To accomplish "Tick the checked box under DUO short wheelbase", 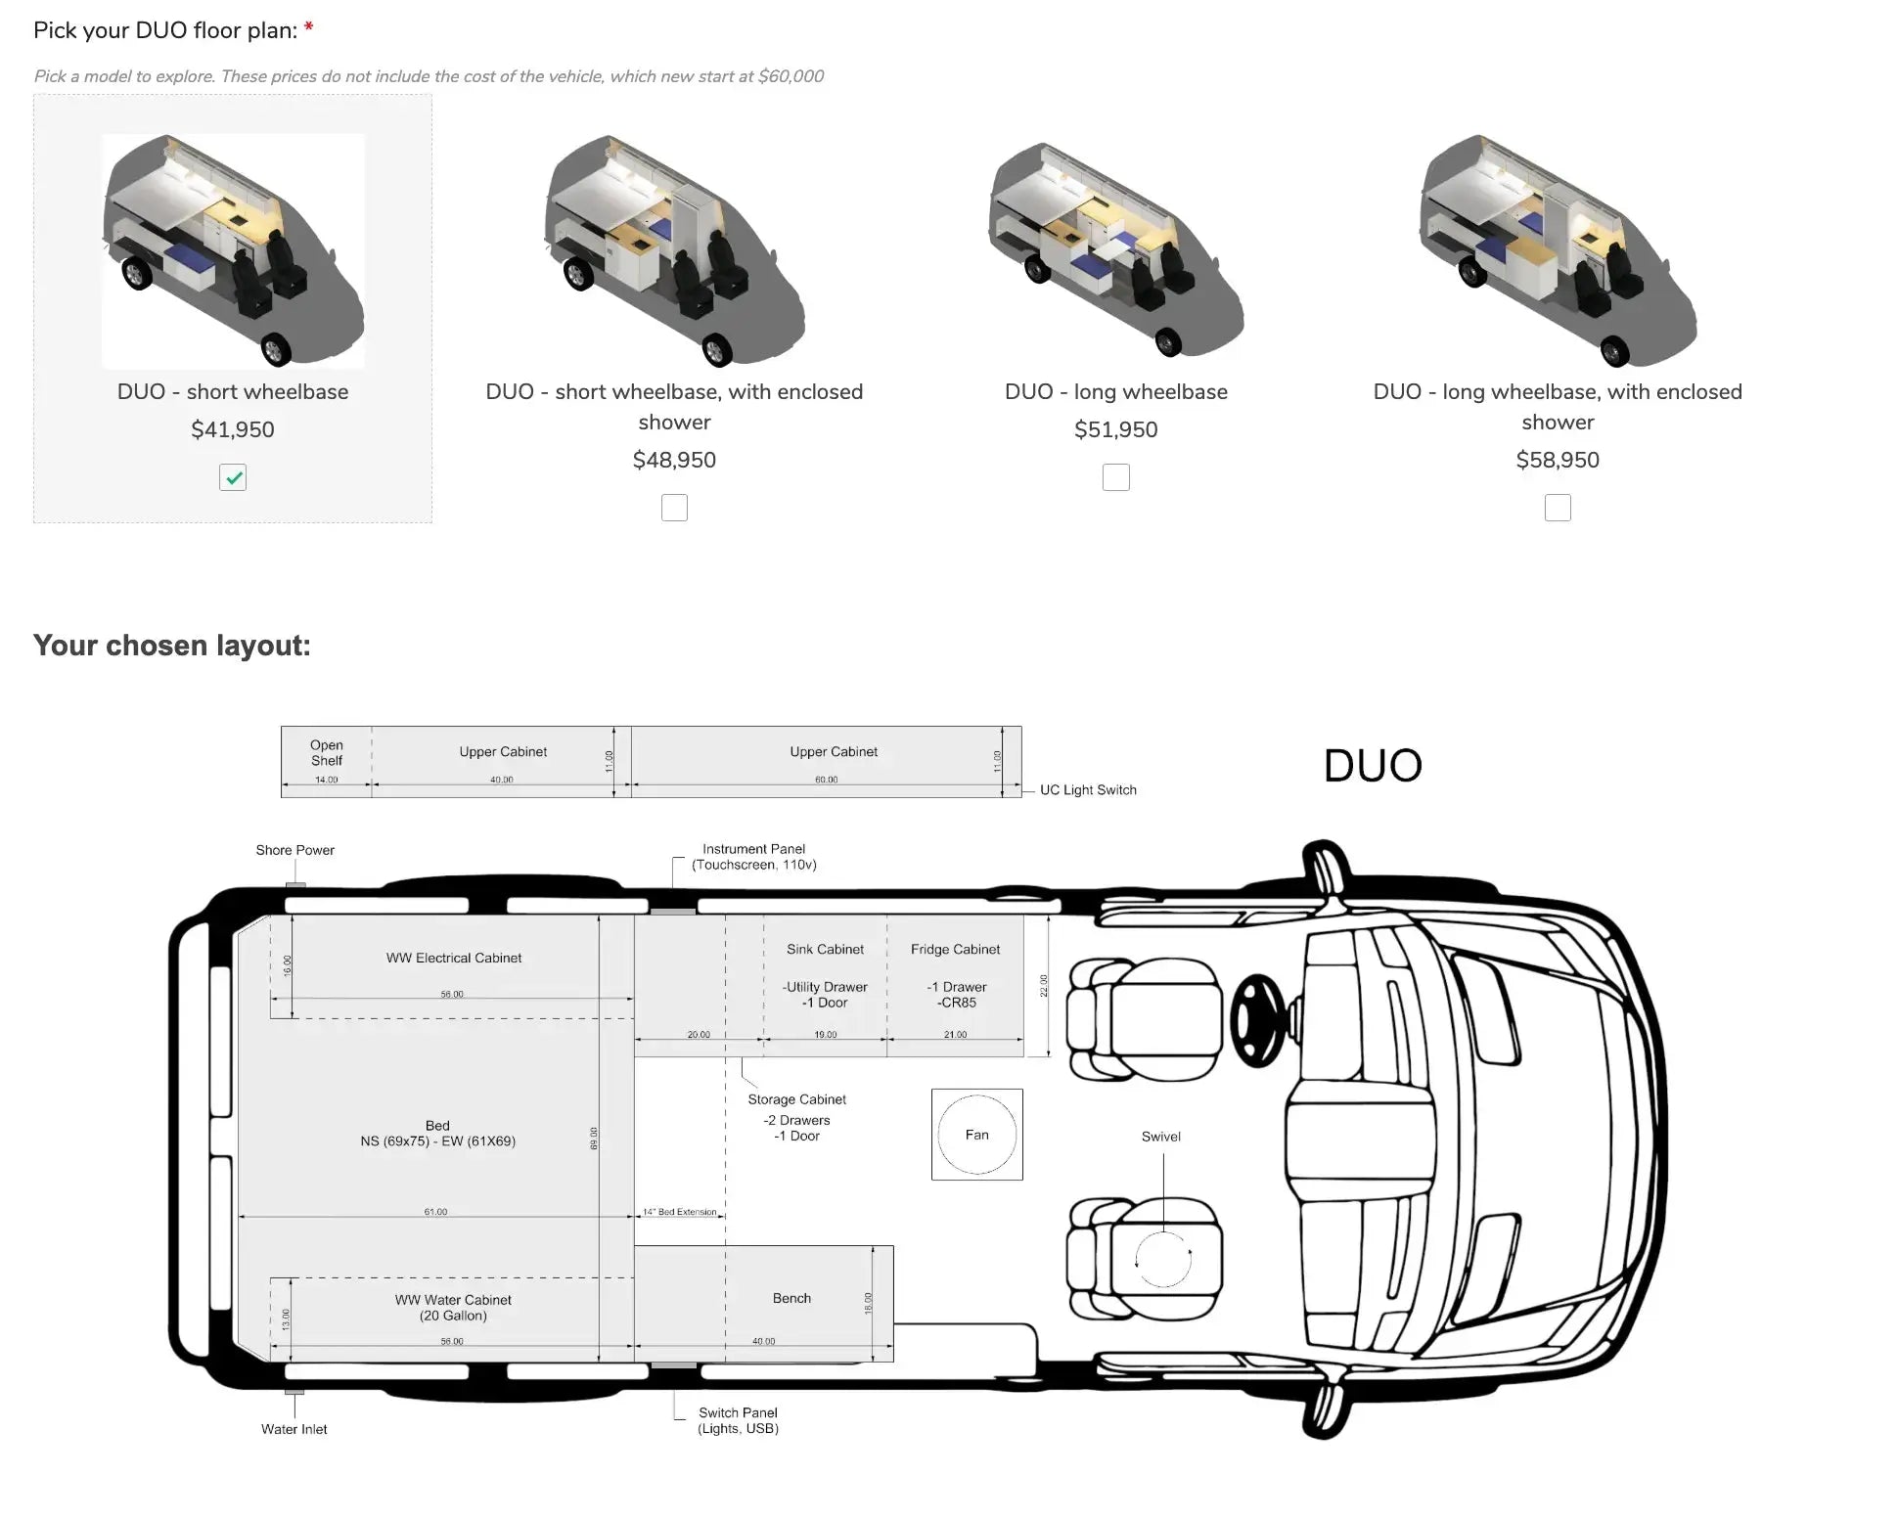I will (233, 477).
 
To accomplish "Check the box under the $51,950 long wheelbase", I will (1115, 477).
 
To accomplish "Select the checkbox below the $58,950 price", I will (1557, 508).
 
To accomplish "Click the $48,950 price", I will (674, 460).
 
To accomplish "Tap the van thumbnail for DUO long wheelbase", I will (1115, 249).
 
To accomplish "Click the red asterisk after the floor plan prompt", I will (309, 29).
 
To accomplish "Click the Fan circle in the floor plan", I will (976, 1135).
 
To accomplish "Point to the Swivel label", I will (1160, 1137).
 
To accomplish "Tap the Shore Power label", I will (294, 850).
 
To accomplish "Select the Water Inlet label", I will (294, 1429).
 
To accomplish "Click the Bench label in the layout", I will (791, 1298).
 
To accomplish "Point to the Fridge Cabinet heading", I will (955, 949).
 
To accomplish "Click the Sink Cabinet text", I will (825, 949).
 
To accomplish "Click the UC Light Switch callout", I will (1088, 789).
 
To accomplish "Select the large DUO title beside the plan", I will (1373, 766).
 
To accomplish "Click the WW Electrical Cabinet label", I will (453, 958).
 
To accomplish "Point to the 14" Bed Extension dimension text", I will (681, 1212).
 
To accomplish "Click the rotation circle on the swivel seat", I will (1162, 1259).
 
